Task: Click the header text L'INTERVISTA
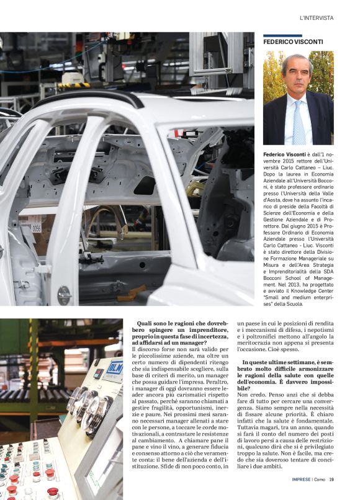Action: pos(316,18)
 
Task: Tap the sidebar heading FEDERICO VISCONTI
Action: pos(292,42)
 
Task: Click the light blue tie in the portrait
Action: pos(299,122)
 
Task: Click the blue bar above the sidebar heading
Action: pos(274,35)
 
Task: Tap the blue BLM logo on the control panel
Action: pos(114,368)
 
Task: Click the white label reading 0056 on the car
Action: pos(35,228)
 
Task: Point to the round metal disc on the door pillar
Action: pos(65,295)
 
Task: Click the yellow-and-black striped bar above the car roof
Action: pos(74,85)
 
